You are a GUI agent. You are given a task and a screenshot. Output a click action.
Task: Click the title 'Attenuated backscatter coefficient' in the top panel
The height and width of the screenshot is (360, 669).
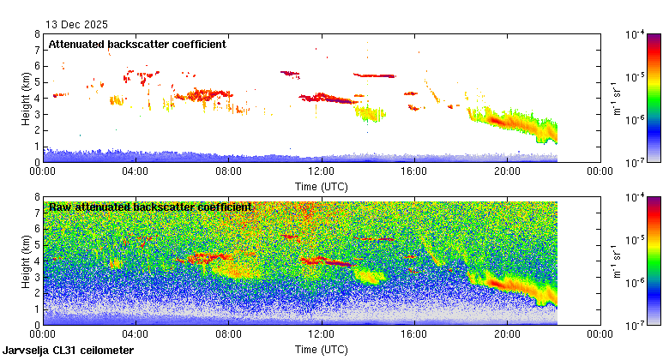[137, 44]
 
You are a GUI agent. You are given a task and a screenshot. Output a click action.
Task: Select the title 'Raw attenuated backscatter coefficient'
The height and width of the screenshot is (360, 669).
[150, 207]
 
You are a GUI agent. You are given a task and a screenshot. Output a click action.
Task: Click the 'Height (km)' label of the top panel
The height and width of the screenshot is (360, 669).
[27, 98]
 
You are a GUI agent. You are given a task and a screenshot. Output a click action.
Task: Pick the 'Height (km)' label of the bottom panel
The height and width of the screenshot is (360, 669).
[27, 261]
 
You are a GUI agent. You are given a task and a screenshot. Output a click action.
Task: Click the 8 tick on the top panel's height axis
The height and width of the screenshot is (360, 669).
[37, 34]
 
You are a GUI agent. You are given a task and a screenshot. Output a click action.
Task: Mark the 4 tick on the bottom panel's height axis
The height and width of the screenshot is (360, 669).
[37, 261]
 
